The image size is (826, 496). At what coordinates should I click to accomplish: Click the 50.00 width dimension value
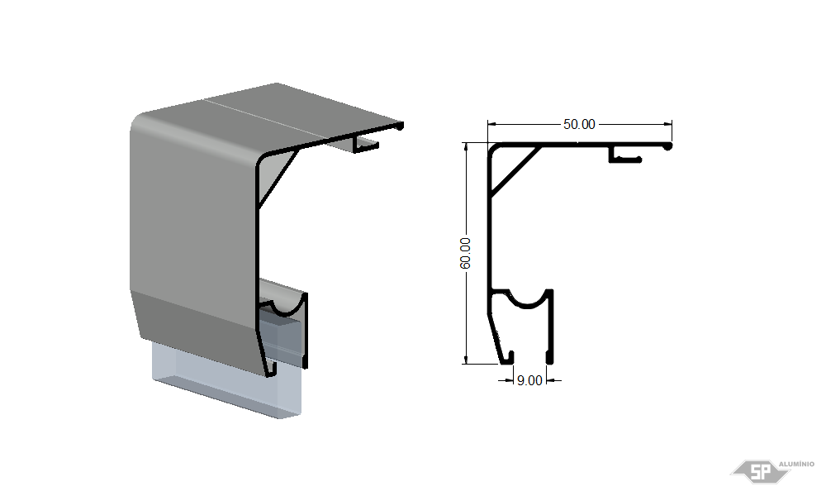tap(579, 124)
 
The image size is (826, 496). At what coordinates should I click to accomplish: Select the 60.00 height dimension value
tap(465, 253)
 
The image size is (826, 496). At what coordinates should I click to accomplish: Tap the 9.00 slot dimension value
tap(529, 380)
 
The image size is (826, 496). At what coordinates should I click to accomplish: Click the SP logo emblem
tap(759, 471)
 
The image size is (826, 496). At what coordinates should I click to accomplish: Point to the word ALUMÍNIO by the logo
tap(796, 464)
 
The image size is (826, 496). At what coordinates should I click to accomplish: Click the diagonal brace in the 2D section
tap(516, 172)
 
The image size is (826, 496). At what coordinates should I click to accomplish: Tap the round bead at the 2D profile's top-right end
tap(668, 146)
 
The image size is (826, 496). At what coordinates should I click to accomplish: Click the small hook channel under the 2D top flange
tap(624, 155)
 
